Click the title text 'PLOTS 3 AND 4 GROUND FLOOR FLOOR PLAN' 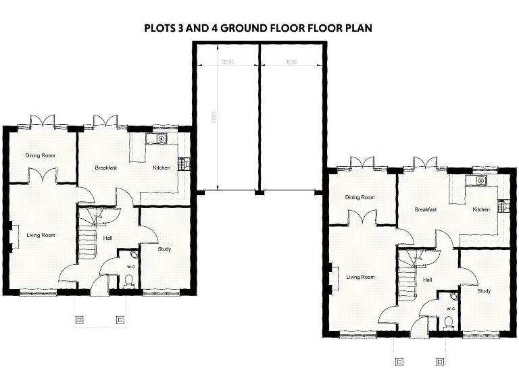click(x=259, y=29)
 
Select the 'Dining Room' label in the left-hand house click(x=40, y=155)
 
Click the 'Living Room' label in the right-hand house click(x=360, y=277)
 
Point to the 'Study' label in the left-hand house click(x=164, y=249)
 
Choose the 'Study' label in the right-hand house click(x=484, y=291)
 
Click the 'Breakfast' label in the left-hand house click(x=106, y=167)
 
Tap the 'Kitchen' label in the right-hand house click(x=481, y=209)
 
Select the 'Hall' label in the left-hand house click(x=107, y=238)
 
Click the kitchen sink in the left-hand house click(x=161, y=139)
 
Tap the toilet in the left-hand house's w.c click(x=128, y=280)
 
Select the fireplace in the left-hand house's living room click(x=10, y=237)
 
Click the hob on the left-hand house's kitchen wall click(x=181, y=163)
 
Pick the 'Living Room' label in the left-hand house click(x=41, y=235)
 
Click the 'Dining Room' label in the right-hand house click(x=360, y=197)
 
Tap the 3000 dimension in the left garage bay click(x=226, y=61)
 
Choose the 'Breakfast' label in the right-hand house click(x=426, y=209)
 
